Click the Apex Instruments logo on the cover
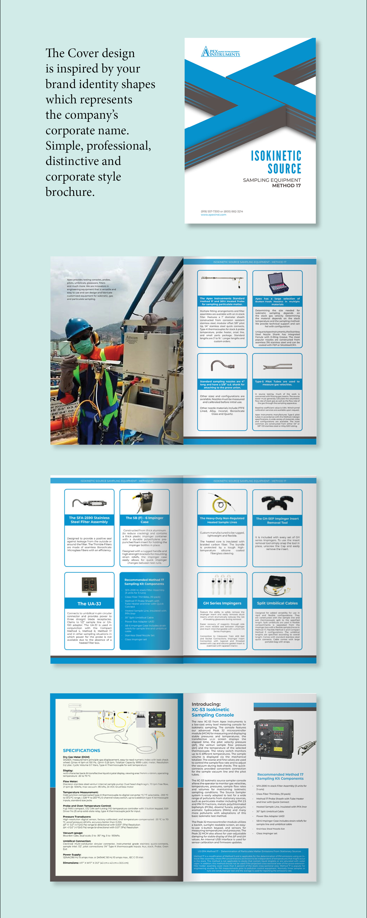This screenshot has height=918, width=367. tap(221, 52)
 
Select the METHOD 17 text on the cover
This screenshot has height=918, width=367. tap(286, 186)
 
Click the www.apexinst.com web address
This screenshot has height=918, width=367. tap(213, 215)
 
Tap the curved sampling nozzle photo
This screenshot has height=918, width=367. tap(222, 366)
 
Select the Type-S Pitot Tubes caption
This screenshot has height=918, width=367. tap(277, 383)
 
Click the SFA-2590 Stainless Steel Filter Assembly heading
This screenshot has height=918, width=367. tap(89, 520)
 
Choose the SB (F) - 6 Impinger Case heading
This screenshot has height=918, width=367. tap(144, 520)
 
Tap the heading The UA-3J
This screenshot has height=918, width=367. tap(89, 604)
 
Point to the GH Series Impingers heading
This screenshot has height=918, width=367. tap(222, 603)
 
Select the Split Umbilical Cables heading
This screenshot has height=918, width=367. tap(277, 603)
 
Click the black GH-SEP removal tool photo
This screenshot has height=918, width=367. tap(277, 503)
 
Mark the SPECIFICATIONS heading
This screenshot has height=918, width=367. tap(82, 750)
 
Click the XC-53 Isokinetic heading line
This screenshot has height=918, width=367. tap(210, 709)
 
